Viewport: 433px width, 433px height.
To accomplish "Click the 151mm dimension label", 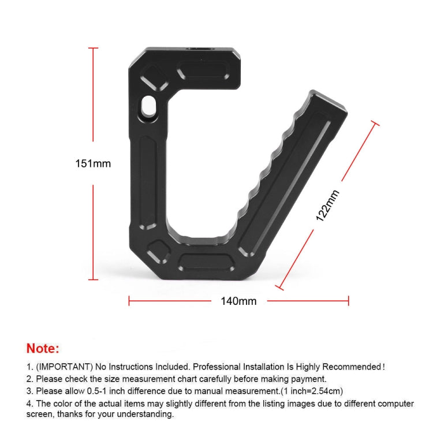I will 93,163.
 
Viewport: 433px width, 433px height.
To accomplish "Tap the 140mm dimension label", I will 238,301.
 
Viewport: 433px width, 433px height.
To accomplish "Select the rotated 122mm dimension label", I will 328,206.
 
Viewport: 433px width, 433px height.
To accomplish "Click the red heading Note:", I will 42,348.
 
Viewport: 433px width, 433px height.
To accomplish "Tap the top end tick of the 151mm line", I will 93,48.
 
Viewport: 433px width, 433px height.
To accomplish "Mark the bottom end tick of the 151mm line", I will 93,279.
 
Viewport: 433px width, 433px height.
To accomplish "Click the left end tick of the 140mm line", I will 129,301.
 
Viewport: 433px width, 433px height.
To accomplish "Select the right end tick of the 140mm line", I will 348,301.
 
